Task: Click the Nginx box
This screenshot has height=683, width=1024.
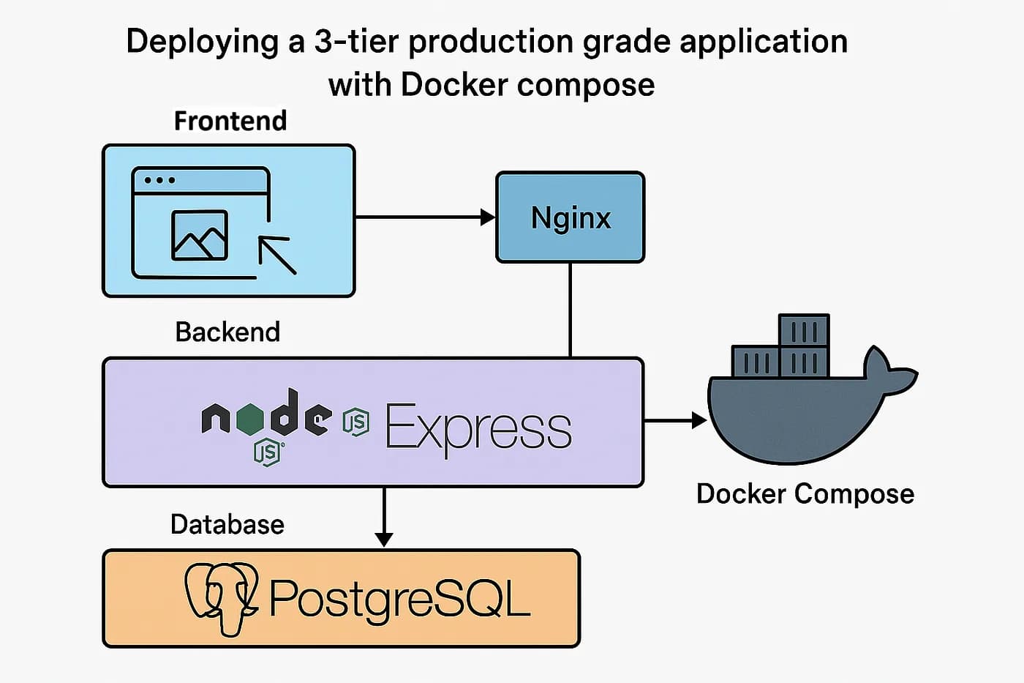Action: click(571, 217)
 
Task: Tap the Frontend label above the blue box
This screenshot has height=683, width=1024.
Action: click(230, 121)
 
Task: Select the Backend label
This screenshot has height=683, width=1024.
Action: click(227, 332)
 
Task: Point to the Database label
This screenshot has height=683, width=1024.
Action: click(227, 524)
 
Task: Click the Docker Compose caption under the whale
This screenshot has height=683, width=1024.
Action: click(805, 493)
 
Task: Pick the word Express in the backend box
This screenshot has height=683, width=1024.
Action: click(478, 428)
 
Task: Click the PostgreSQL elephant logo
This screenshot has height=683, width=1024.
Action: click(221, 597)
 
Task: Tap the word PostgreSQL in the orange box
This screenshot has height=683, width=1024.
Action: click(399, 599)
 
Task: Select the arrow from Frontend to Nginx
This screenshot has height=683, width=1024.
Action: click(424, 217)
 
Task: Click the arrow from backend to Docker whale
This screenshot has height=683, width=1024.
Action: click(674, 421)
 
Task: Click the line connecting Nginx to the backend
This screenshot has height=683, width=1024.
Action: click(571, 310)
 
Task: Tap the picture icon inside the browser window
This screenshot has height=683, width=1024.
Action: click(199, 235)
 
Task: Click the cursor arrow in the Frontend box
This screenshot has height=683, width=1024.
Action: click(277, 255)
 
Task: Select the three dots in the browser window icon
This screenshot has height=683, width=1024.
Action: click(159, 180)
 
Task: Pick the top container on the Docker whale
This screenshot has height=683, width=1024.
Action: click(803, 330)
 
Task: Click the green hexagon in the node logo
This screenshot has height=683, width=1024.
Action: click(251, 419)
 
